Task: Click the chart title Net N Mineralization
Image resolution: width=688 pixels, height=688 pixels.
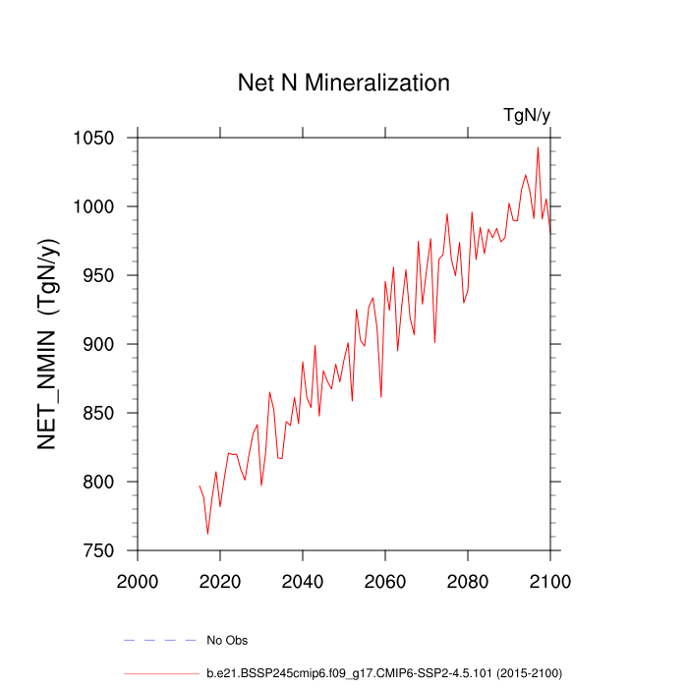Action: point(344,83)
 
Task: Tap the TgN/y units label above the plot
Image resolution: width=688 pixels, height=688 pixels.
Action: point(527,115)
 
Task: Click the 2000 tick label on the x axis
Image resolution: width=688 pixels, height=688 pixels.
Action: point(138,580)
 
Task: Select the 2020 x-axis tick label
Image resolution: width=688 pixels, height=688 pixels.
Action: point(220,580)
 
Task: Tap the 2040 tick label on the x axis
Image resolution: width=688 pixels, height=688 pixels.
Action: point(303,580)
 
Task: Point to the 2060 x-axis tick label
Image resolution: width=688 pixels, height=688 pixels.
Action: point(384,580)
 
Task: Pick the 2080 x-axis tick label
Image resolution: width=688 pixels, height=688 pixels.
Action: point(467,580)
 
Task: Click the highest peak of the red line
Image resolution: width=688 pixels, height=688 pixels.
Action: point(538,148)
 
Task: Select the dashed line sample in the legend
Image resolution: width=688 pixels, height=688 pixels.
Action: point(160,641)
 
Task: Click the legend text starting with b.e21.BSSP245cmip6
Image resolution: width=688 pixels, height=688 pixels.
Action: point(383,673)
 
